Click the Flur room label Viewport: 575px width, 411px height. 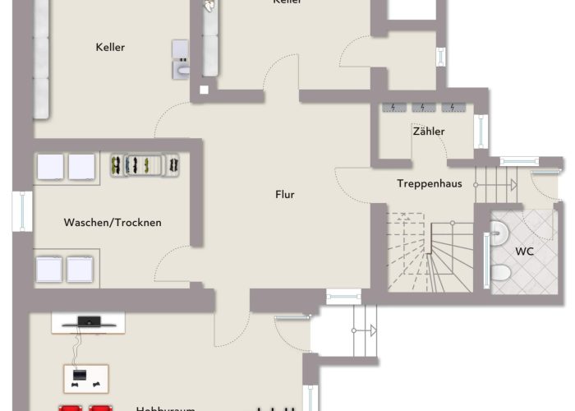285,195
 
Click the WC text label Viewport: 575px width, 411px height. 524,251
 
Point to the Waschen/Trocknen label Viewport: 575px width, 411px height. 113,222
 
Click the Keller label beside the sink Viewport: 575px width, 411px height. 110,48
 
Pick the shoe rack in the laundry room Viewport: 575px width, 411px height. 145,164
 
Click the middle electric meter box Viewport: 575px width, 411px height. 423,107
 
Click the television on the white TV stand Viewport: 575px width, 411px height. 88,320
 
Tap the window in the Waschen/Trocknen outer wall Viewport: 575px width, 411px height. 17,210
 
